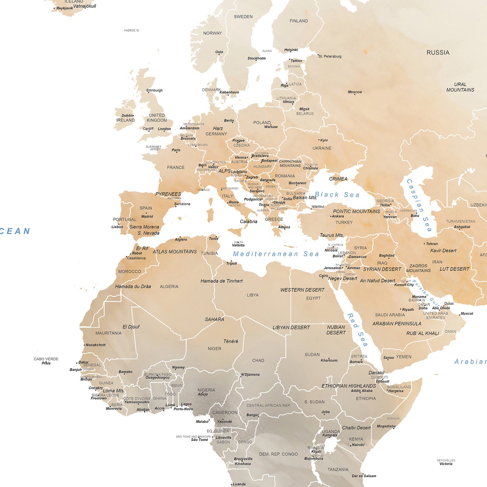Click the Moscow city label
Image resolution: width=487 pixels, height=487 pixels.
click(x=355, y=92)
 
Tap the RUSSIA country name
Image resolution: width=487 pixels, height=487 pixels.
click(x=438, y=53)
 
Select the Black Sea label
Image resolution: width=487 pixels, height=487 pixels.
click(x=337, y=195)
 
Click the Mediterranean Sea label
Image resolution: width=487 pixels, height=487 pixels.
click(x=276, y=254)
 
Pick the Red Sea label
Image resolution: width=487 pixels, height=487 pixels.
click(x=357, y=330)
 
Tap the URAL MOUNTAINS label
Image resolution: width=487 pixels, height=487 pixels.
click(x=460, y=87)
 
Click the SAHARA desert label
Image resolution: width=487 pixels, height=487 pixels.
click(x=214, y=319)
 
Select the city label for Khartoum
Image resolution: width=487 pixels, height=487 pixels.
click(x=329, y=361)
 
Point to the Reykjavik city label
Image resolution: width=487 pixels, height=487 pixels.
click(x=64, y=8)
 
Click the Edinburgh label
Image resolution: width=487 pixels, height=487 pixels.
click(x=154, y=90)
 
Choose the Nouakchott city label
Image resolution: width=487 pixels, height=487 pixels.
click(x=95, y=345)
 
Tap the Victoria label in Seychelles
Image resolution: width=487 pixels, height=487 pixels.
click(x=446, y=464)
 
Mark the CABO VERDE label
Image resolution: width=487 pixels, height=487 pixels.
click(x=46, y=359)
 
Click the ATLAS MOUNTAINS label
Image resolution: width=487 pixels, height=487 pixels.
click(x=175, y=252)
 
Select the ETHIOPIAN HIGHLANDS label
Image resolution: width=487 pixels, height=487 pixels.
click(x=348, y=386)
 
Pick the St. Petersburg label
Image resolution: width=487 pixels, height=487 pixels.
click(x=330, y=56)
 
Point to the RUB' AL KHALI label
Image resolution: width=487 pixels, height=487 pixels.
click(x=423, y=333)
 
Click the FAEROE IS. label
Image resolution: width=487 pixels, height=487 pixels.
click(x=131, y=30)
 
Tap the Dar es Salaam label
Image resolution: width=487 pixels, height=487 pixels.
click(x=364, y=476)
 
